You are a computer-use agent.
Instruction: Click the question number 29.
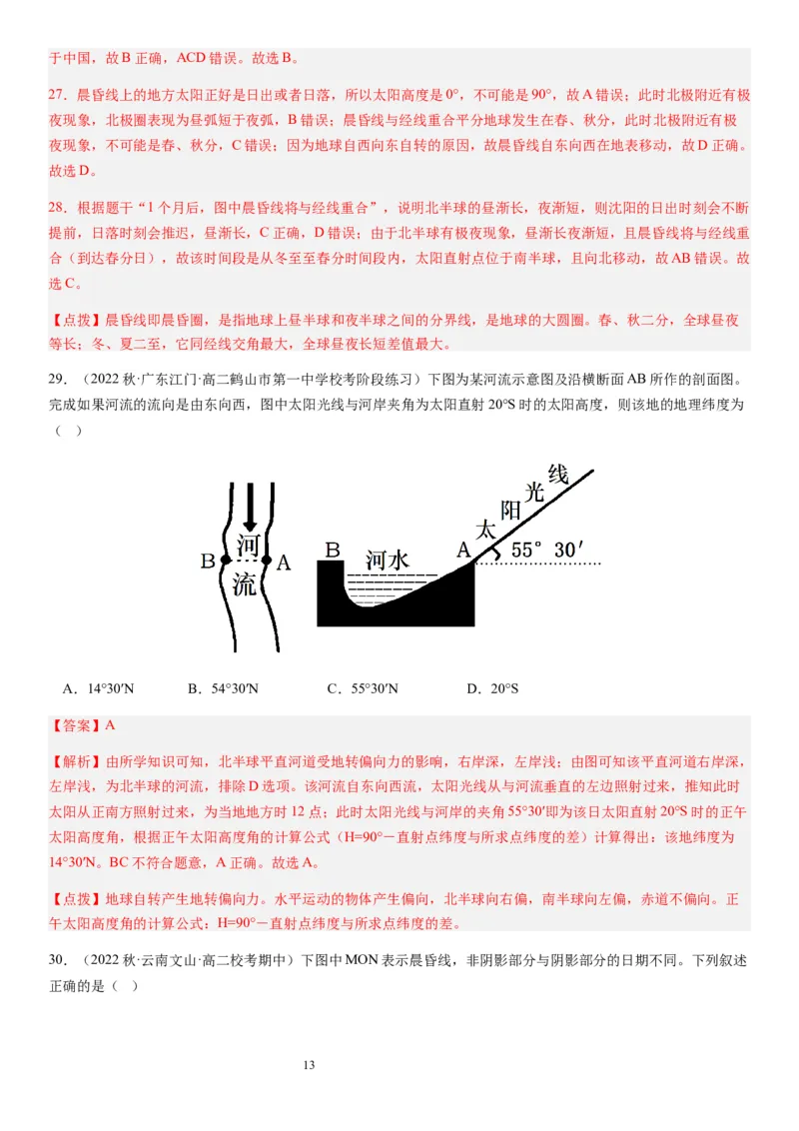pyautogui.click(x=57, y=379)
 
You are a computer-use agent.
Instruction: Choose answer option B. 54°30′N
pyautogui.click(x=222, y=688)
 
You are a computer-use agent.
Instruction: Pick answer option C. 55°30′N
pyautogui.click(x=362, y=688)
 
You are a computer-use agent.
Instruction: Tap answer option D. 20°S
pyautogui.click(x=492, y=688)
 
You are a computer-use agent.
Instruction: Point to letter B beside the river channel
pyautogui.click(x=208, y=562)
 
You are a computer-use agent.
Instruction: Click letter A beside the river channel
pyautogui.click(x=284, y=563)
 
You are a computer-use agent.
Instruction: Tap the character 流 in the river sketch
pyautogui.click(x=245, y=583)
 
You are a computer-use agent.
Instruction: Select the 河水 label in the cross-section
pyautogui.click(x=386, y=560)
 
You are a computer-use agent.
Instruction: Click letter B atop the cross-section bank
pyautogui.click(x=333, y=550)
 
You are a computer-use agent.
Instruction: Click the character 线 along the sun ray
pyautogui.click(x=557, y=474)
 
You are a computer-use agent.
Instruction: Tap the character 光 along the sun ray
pyautogui.click(x=534, y=491)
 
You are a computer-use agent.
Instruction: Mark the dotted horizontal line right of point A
pyautogui.click(x=539, y=565)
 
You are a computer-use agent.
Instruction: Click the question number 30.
pyautogui.click(x=57, y=960)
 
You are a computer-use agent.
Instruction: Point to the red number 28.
pyautogui.click(x=57, y=209)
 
